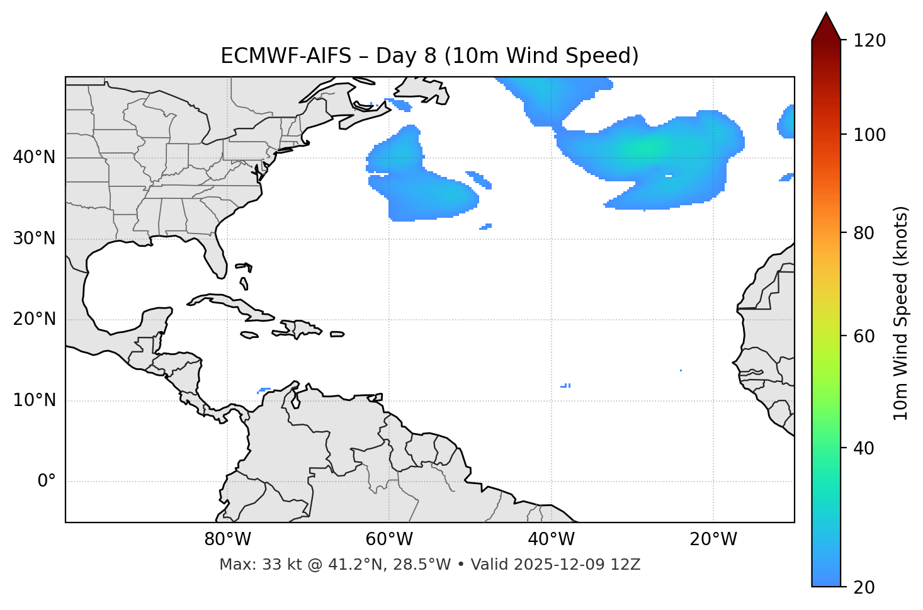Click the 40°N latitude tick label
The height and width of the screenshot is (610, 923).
[x=34, y=157]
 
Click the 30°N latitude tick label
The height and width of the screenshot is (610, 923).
[x=34, y=239]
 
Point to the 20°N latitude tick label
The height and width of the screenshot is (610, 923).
[x=34, y=319]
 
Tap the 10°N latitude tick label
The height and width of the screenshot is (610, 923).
[x=34, y=400]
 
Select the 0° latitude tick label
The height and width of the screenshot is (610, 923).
[x=46, y=482]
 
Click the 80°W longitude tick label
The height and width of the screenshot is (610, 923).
[x=227, y=539]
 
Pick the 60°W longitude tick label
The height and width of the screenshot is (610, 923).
[x=389, y=539]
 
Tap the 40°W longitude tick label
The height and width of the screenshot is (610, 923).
[x=551, y=539]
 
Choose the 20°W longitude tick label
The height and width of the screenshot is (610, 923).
[x=713, y=539]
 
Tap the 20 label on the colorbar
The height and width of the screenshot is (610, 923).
[x=864, y=587]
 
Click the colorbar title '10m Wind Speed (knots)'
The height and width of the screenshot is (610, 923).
[x=901, y=313]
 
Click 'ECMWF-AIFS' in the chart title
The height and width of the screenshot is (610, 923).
[x=286, y=56]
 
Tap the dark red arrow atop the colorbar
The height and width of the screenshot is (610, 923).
[x=825, y=27]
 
